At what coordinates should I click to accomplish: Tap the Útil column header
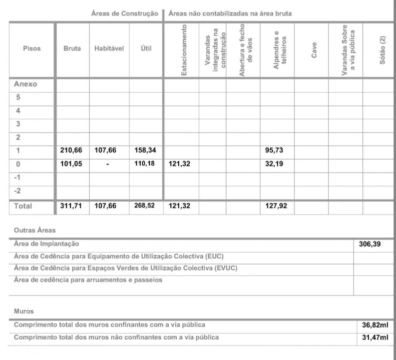point(146,49)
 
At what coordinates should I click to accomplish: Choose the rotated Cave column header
point(314,49)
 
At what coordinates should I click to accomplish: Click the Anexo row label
point(25,84)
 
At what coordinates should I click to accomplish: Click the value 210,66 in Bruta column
point(71,149)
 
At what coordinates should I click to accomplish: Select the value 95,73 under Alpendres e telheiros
point(274,149)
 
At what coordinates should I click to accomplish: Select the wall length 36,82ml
point(375,325)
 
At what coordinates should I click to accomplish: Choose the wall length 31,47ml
point(375,337)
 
